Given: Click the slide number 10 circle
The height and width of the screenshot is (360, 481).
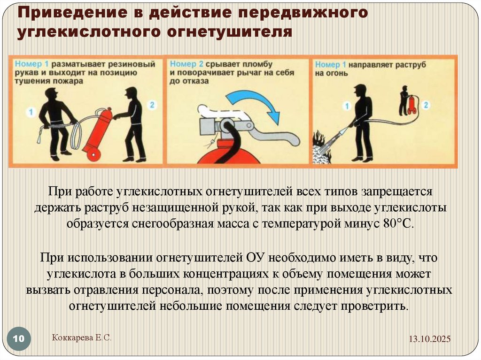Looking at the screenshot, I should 19,339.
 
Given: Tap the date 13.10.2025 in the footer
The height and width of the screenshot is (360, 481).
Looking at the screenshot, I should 429,339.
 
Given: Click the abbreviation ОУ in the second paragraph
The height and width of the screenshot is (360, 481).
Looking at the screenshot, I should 256,258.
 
